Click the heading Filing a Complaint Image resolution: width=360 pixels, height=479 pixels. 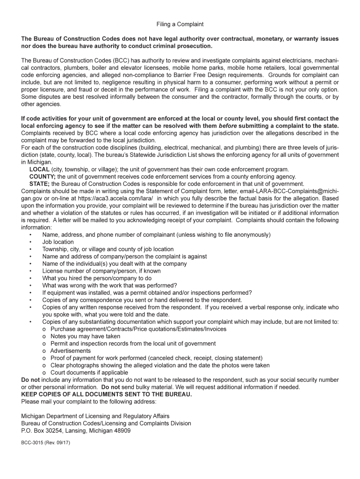pos(180,24)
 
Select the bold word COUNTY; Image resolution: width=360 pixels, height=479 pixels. pos(43,177)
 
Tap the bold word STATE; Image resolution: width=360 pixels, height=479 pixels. pos(40,184)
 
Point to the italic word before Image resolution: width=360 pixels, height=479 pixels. pos(229,126)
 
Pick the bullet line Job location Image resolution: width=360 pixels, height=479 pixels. pos(58,242)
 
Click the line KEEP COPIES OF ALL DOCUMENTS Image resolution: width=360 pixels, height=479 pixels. pos(107,394)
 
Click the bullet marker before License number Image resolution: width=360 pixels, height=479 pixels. pos(30,271)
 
